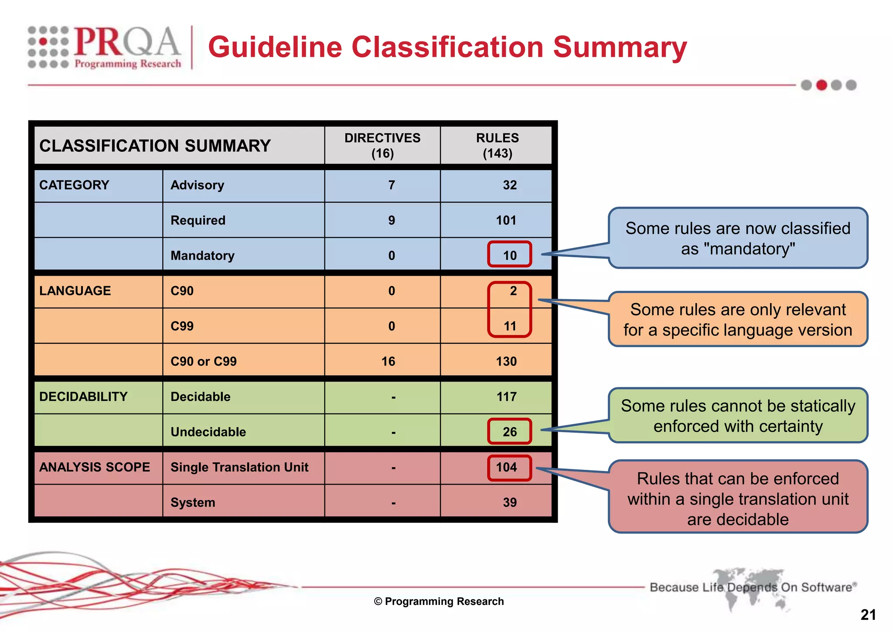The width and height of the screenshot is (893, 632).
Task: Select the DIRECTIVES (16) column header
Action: coord(382,146)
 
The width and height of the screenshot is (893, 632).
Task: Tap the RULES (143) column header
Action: coord(497,146)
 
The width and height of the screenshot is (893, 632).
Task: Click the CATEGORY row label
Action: coord(74,185)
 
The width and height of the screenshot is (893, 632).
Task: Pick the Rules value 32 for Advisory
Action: coord(509,185)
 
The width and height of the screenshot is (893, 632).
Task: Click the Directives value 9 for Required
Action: coord(392,220)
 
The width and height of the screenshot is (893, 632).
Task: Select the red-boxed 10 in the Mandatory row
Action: coord(509,255)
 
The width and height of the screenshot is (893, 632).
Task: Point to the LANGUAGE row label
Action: coord(75,291)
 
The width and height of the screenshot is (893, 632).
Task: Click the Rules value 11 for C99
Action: coord(509,326)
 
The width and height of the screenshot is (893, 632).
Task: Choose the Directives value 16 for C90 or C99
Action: coord(388,361)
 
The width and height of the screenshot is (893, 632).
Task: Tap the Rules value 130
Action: coord(506,361)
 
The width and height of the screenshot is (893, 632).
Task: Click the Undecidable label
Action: coord(208,432)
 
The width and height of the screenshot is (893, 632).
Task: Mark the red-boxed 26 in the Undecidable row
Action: coord(509,432)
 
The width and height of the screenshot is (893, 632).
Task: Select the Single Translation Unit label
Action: coord(239,467)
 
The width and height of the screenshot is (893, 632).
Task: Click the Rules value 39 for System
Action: coord(509,502)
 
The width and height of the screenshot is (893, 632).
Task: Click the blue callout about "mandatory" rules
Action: coord(738,238)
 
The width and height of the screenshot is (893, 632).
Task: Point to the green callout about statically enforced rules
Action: coord(738,416)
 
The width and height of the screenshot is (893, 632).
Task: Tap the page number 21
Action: coord(868,615)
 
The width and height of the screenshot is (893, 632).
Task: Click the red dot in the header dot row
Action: coord(821,85)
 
